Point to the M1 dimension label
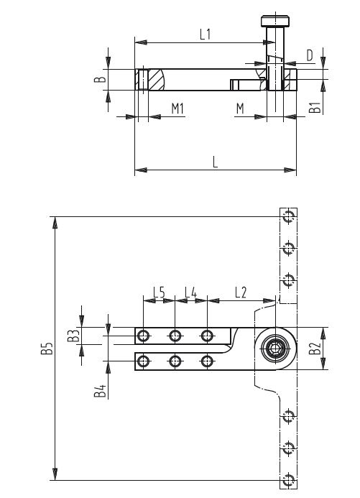point(178,109)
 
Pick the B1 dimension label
point(314,109)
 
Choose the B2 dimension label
point(314,349)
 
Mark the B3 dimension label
point(73,336)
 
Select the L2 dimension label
point(240,292)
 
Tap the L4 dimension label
point(190,292)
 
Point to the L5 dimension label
point(159,292)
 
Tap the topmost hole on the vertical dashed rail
point(288,216)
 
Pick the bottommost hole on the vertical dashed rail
point(288,479)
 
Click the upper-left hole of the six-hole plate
point(144,336)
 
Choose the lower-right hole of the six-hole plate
point(207,361)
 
